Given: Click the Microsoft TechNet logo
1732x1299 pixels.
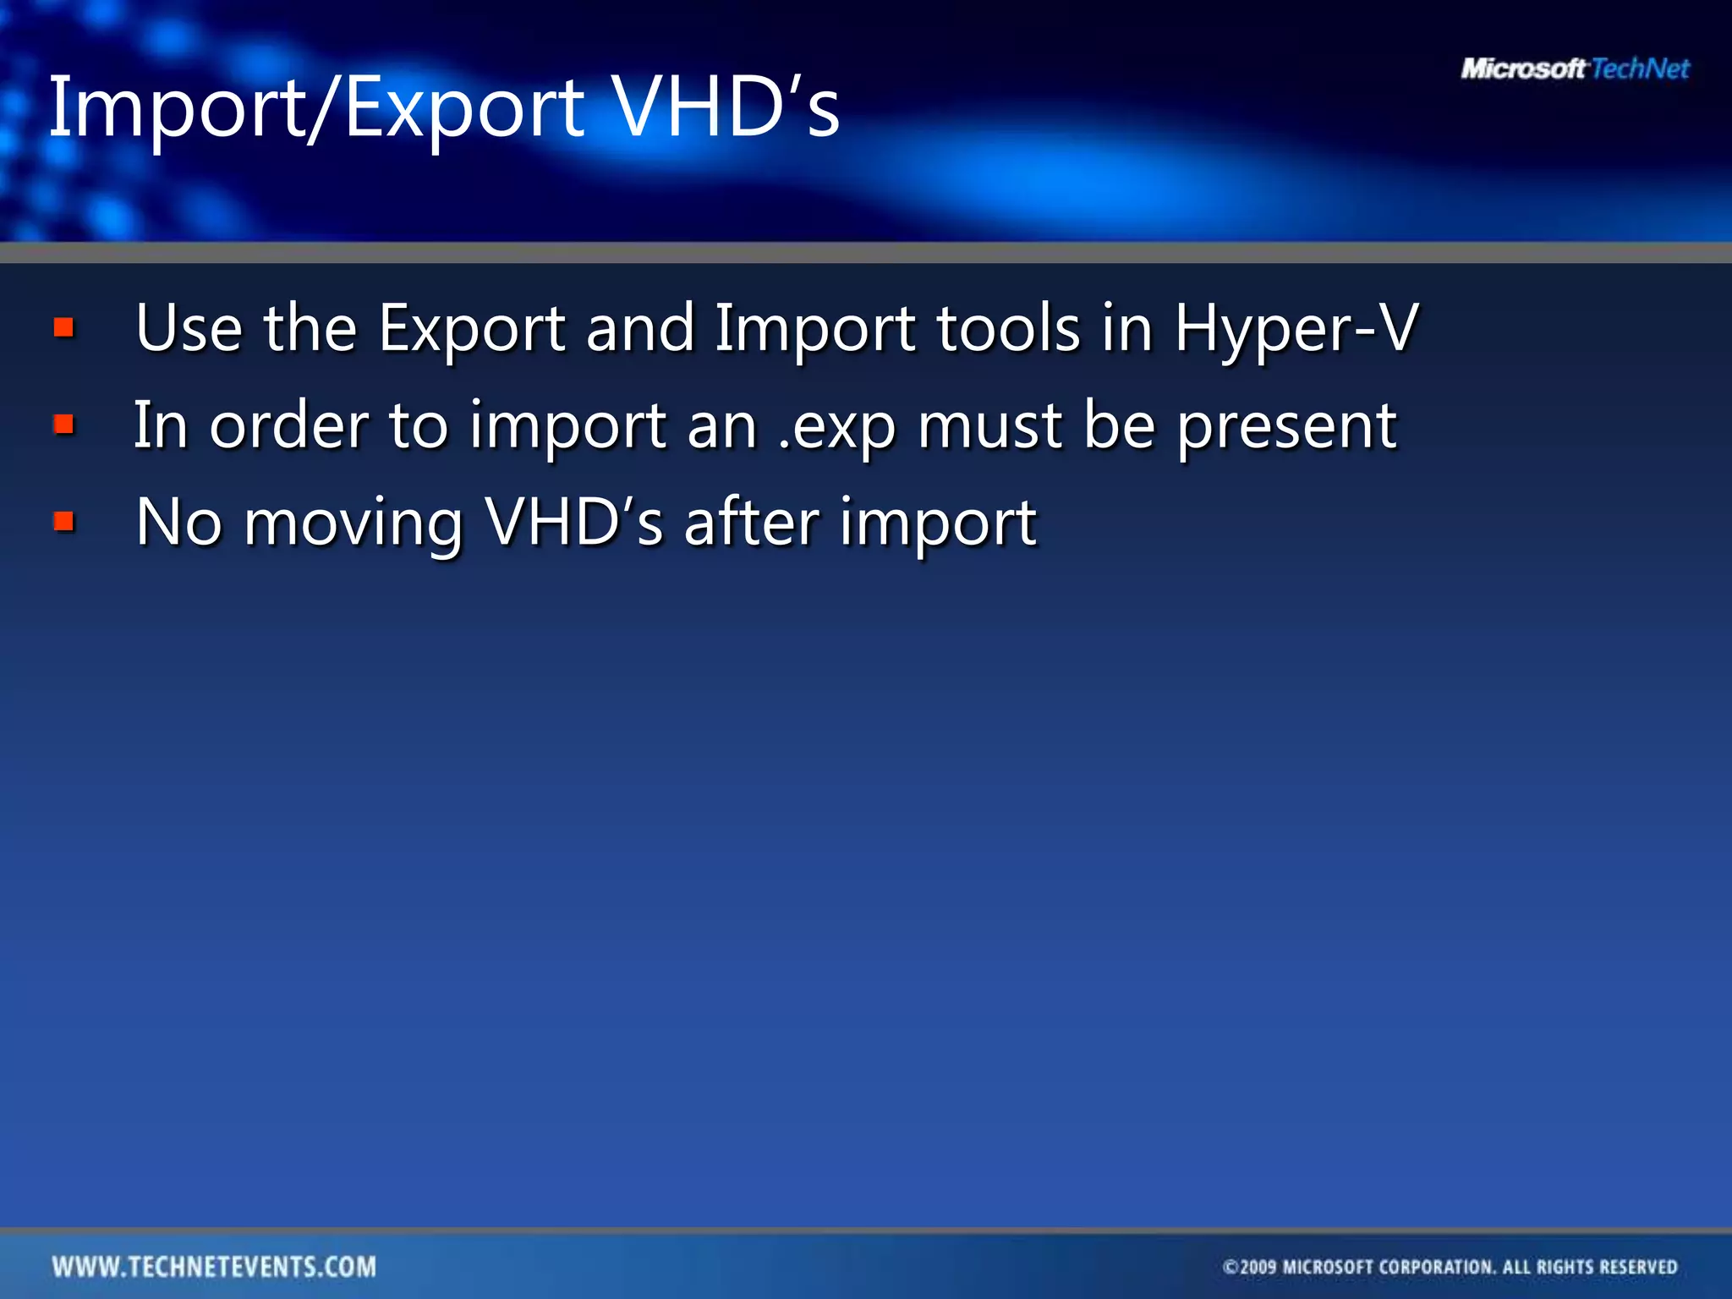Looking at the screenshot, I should click(x=1575, y=69).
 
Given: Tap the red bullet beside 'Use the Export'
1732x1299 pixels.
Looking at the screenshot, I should click(x=64, y=327).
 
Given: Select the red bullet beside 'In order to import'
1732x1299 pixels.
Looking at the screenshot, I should click(x=64, y=425).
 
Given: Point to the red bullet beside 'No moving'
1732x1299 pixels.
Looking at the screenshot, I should click(x=64, y=522).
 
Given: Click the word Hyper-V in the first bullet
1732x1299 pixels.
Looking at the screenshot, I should click(x=1296, y=328).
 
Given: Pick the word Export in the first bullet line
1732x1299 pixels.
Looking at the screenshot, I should click(x=471, y=330).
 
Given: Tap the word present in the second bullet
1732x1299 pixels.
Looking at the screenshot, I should click(x=1286, y=427).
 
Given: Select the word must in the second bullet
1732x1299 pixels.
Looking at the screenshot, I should click(x=989, y=425).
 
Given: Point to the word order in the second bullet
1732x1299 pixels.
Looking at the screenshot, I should click(x=288, y=425).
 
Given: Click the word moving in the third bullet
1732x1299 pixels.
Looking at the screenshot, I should click(x=354, y=524).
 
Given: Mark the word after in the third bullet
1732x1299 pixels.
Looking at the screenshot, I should click(x=751, y=523).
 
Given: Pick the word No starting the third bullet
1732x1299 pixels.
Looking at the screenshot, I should click(x=178, y=523).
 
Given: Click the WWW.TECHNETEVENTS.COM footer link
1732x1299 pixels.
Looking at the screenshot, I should click(x=214, y=1266).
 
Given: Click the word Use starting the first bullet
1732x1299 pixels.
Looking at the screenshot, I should click(x=189, y=328).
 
